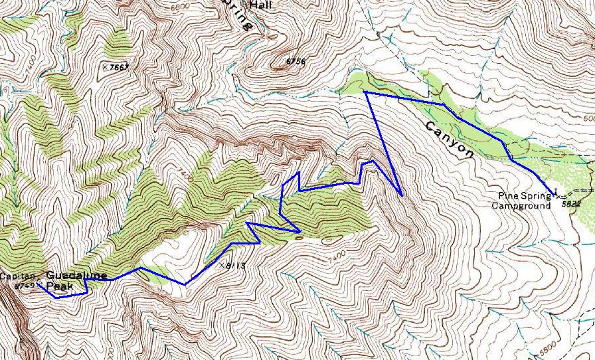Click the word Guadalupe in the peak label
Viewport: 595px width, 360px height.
76,275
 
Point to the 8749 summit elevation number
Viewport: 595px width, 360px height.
24,286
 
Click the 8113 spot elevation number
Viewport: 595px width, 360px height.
236,266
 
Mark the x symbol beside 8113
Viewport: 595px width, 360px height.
222,264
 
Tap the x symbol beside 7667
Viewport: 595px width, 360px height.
105,66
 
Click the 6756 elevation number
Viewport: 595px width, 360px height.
295,62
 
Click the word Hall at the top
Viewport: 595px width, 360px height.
260,5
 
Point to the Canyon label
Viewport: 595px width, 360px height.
450,140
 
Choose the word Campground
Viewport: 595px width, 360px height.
521,206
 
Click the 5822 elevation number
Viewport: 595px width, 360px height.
570,204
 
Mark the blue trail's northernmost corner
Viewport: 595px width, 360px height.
365,92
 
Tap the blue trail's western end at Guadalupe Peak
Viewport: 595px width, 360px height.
39,285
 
